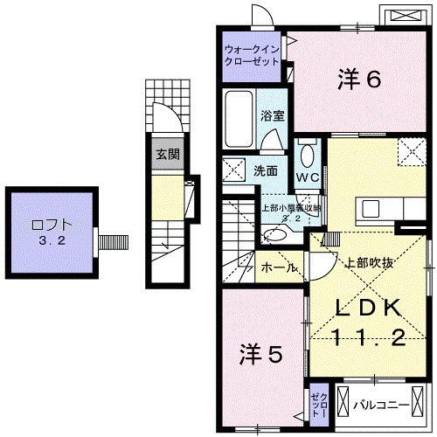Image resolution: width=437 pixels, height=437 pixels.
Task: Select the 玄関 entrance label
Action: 167,156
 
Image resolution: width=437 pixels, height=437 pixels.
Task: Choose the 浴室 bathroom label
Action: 271,115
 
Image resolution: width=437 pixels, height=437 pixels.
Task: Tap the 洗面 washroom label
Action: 267,171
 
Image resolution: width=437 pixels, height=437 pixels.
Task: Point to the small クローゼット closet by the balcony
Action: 318,404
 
